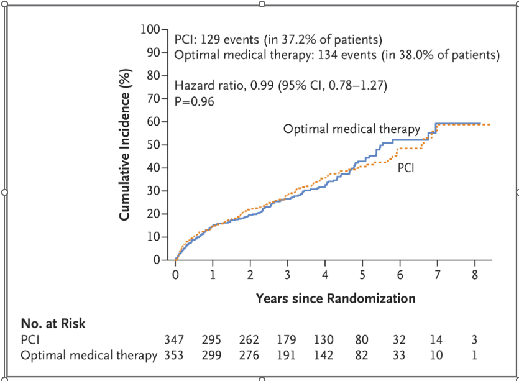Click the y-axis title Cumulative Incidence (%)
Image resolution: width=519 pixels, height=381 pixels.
(x=125, y=144)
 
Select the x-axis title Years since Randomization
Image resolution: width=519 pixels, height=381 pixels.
(x=336, y=298)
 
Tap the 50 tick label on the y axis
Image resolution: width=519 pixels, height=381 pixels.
(x=154, y=145)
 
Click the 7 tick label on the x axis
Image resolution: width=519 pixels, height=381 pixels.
(x=437, y=275)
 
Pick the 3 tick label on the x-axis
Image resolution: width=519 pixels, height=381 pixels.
(x=287, y=275)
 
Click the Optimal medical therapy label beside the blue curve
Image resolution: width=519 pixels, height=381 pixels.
(x=352, y=129)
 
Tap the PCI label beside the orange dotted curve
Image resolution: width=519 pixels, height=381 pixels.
(x=406, y=168)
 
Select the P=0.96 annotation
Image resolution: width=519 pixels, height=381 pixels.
(x=195, y=101)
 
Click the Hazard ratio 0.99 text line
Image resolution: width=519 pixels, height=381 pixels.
(x=281, y=86)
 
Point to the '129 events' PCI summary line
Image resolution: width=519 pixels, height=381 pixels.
(x=278, y=40)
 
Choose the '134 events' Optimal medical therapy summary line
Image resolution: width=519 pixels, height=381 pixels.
(x=337, y=55)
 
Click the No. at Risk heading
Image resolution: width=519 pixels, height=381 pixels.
(x=53, y=323)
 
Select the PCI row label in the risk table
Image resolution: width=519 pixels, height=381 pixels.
(x=30, y=340)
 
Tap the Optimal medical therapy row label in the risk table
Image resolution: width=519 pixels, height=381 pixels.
(x=89, y=356)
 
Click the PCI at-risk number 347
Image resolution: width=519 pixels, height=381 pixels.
(x=174, y=340)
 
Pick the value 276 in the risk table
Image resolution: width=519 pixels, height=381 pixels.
(x=249, y=355)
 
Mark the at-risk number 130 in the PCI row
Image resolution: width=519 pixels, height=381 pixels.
(x=323, y=340)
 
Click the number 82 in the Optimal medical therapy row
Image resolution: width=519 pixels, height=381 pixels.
(x=362, y=355)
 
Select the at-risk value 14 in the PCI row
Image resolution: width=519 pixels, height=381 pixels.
(x=436, y=340)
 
